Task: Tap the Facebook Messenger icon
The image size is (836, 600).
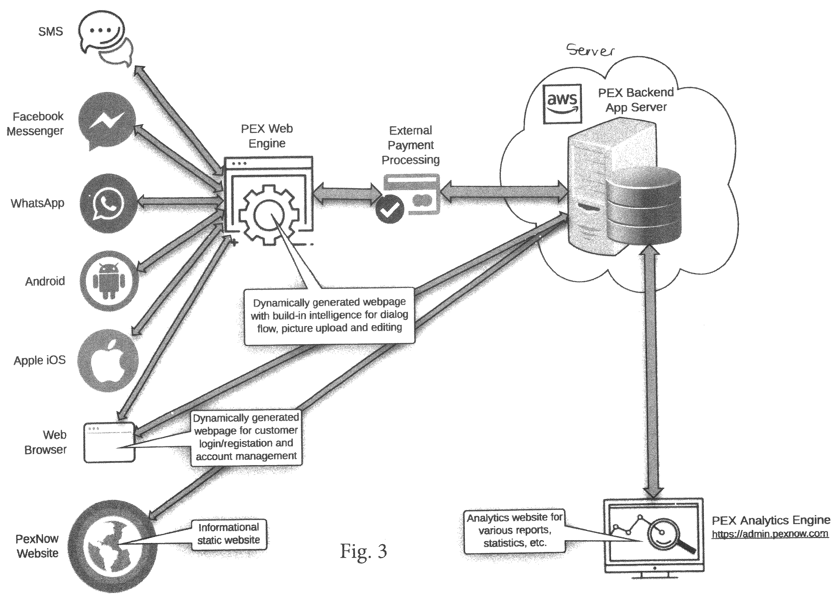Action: click(x=107, y=121)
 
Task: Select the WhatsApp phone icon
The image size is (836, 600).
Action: click(x=108, y=203)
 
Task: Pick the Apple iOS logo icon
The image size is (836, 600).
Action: click(x=108, y=360)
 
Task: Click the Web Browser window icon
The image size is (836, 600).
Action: click(x=109, y=442)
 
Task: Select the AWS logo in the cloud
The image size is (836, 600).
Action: click(x=563, y=103)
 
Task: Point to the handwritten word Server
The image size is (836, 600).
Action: click(x=590, y=50)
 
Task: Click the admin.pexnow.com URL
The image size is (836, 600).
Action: click(x=770, y=534)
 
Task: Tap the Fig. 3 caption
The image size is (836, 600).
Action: click(x=363, y=551)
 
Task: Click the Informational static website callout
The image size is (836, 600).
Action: click(x=229, y=534)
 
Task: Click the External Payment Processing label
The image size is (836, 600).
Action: click(x=411, y=145)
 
